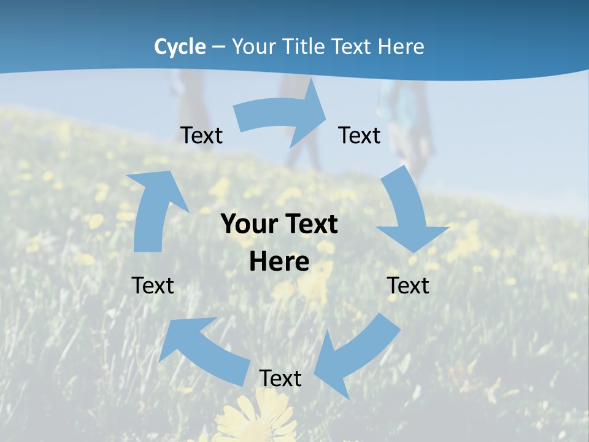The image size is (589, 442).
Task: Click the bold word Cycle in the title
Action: pos(180,47)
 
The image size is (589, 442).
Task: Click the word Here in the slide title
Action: pos(401,47)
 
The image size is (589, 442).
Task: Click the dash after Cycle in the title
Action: pos(218,47)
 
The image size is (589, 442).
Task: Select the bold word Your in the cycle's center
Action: pos(249,225)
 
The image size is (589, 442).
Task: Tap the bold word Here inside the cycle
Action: pos(279,262)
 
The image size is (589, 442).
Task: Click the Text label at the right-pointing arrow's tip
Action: pos(360,135)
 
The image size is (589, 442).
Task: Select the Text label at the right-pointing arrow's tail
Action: pos(201,135)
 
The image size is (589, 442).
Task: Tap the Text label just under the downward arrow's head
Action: pos(408,285)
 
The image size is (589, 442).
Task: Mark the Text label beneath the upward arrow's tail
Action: pos(153,285)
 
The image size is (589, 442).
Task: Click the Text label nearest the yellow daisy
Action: pos(280,378)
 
